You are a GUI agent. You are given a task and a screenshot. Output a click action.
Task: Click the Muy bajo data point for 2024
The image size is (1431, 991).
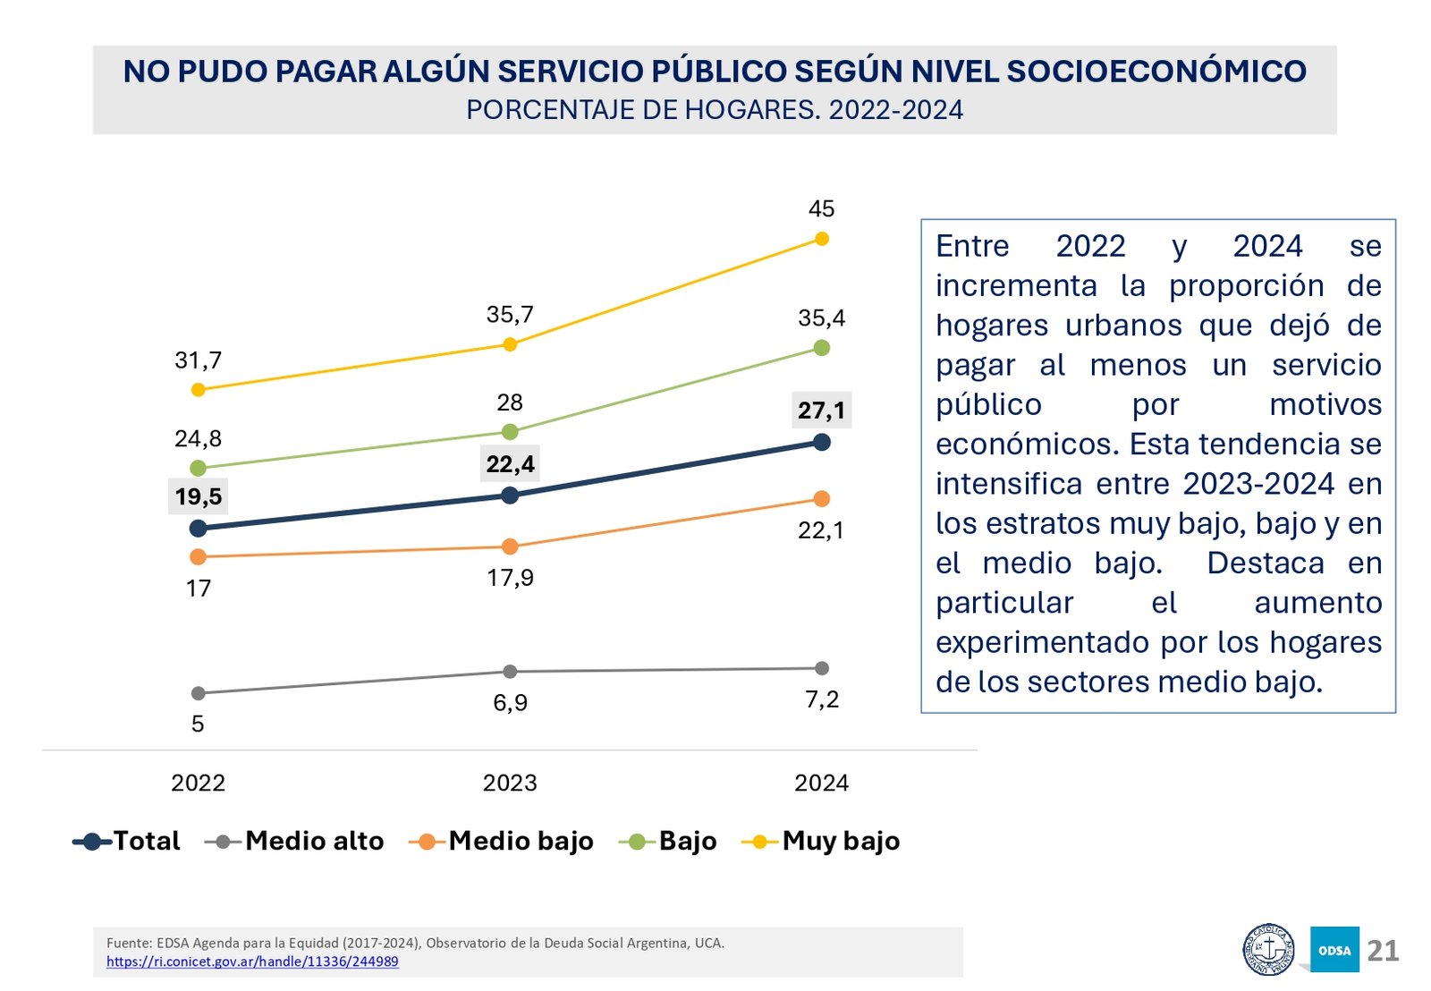822,239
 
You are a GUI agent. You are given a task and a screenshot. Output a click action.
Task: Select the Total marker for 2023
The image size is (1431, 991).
510,496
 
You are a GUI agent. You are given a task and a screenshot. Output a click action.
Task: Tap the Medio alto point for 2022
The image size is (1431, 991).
199,693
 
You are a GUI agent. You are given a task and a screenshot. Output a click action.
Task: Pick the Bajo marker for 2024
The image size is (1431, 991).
822,348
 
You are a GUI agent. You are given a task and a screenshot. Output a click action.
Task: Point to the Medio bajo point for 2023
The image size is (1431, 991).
510,546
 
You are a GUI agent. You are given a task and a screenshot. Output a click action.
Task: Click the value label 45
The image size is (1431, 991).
821,209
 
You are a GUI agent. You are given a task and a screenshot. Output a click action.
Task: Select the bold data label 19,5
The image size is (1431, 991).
198,497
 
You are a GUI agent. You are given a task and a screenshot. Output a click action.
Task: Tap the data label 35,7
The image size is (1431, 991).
510,315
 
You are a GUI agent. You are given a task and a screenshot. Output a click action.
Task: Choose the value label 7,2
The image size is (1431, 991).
822,699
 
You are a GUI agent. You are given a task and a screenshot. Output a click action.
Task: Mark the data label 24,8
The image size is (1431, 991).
198,439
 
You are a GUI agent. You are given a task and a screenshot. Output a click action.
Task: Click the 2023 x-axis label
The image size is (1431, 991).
510,783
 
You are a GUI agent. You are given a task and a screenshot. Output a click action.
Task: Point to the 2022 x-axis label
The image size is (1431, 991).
198,783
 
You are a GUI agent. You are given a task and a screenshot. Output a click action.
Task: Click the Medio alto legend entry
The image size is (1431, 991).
295,842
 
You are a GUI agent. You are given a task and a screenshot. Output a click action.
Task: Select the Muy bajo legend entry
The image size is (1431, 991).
821,842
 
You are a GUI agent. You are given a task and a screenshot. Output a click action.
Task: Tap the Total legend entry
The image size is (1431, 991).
127,842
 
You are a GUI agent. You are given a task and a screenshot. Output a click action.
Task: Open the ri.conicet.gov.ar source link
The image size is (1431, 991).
252,962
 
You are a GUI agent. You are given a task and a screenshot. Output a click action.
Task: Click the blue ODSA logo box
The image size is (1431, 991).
1334,950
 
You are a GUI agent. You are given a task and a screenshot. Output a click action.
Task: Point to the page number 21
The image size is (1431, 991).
1383,951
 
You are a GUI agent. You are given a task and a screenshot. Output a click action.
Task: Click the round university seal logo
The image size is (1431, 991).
1268,950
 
